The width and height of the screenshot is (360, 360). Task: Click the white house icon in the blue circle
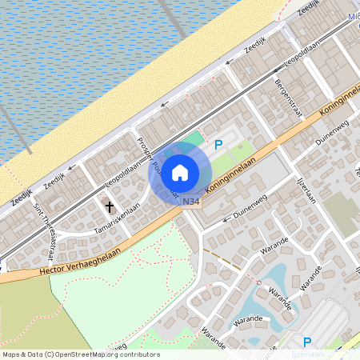[x=180, y=172]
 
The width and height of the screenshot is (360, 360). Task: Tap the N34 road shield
[x=190, y=202]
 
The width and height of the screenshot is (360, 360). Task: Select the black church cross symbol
[x=110, y=207]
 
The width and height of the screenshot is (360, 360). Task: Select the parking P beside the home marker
[x=218, y=144]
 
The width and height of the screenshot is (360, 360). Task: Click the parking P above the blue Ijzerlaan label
[x=306, y=342]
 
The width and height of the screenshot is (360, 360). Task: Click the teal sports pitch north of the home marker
[x=196, y=137]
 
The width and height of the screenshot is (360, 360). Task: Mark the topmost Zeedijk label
[x=308, y=8]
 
